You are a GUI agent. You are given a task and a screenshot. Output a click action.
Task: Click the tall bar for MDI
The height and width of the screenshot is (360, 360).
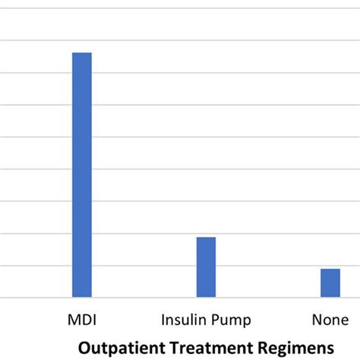(82, 175)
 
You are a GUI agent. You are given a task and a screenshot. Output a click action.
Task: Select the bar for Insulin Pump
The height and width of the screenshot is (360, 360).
(206, 267)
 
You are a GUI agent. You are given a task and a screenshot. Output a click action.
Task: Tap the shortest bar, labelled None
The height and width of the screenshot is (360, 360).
(330, 283)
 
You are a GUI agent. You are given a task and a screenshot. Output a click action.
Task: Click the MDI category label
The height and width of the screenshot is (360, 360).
(82, 319)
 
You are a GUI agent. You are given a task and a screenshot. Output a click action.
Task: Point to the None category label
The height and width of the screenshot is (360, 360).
(330, 319)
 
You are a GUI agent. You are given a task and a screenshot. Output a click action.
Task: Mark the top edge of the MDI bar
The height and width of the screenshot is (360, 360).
(82, 53)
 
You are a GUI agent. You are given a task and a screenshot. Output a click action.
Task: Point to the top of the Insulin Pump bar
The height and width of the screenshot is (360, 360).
(206, 238)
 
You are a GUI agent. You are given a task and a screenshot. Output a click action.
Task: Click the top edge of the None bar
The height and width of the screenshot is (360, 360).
(330, 269)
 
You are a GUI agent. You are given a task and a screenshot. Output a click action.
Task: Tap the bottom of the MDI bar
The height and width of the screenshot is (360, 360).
(82, 296)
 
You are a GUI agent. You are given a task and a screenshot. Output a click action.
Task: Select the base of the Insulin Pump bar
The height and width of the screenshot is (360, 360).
(206, 296)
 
